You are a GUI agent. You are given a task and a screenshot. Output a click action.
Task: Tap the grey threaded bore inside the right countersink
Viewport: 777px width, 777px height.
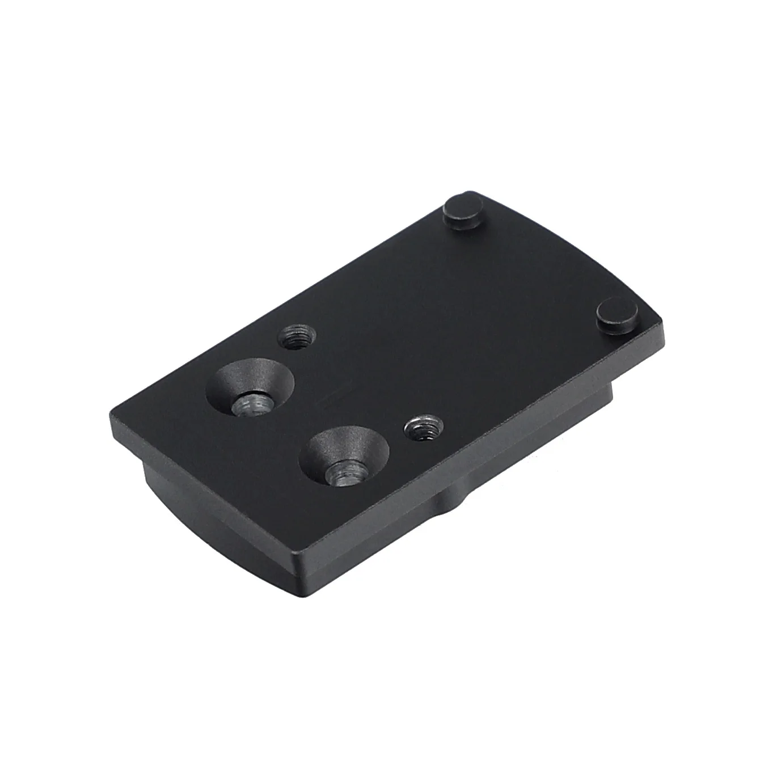343,470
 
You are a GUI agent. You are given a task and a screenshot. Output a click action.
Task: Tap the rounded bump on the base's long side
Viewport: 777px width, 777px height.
454,499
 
